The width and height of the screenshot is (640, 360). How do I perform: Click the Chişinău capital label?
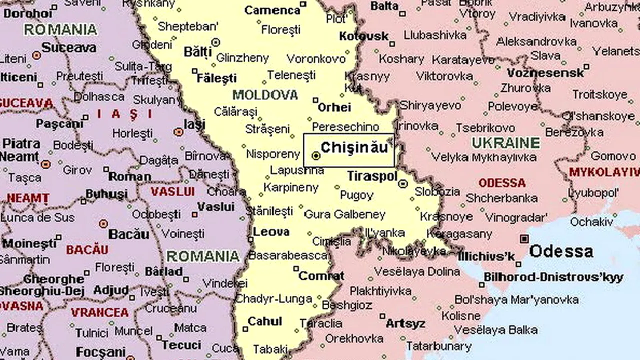pyautogui.click(x=354, y=147)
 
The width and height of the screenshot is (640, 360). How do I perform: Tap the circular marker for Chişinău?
pyautogui.click(x=315, y=156)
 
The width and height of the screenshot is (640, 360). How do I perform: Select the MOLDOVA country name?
pyautogui.click(x=265, y=94)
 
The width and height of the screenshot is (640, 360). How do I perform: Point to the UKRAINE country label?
pyautogui.click(x=506, y=143)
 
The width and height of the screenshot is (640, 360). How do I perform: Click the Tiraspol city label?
pyautogui.click(x=371, y=176)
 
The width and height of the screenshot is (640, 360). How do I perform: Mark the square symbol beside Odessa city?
pyautogui.click(x=524, y=238)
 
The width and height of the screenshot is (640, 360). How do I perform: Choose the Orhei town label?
pyautogui.click(x=334, y=107)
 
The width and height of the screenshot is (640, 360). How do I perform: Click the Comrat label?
pyautogui.click(x=321, y=275)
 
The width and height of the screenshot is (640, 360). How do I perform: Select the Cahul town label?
pyautogui.click(x=265, y=321)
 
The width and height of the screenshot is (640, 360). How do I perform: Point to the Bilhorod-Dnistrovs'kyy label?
pyautogui.click(x=553, y=277)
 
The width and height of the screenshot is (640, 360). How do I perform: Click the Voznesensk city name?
pyautogui.click(x=545, y=73)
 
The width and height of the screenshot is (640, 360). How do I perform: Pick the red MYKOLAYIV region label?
pyautogui.click(x=604, y=173)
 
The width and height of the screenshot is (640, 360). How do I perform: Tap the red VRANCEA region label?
pyautogui.click(x=99, y=312)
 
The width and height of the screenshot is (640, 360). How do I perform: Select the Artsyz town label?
pyautogui.click(x=405, y=323)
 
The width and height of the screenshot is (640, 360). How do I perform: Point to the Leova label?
pyautogui.click(x=271, y=231)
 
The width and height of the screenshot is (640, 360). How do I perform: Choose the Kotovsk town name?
pyautogui.click(x=363, y=36)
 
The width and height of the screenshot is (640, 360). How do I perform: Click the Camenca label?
pyautogui.click(x=272, y=10)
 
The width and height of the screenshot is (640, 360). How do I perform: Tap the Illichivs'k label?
pyautogui.click(x=486, y=256)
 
